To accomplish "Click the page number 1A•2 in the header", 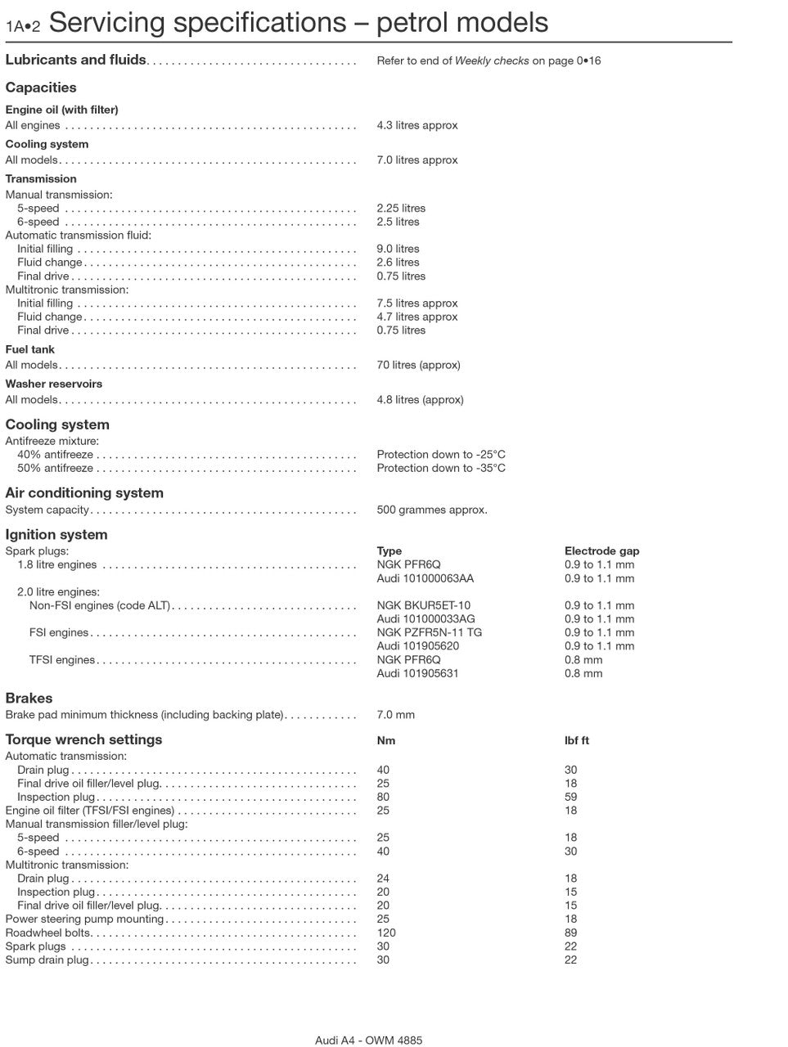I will [23, 25].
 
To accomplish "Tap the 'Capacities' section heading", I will [41, 88].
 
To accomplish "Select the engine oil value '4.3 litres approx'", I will [417, 125].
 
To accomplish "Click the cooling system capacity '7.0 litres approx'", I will [417, 160].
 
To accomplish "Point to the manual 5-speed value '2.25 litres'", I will [401, 209].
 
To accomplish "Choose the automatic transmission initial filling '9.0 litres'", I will [398, 249].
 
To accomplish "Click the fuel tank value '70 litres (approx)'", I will [418, 365].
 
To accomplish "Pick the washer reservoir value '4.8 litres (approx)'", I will [420, 400].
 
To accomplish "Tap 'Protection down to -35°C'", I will [441, 468].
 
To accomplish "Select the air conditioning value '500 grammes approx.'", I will [432, 510].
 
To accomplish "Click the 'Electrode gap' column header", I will [602, 551].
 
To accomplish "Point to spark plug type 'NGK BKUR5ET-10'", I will [424, 605].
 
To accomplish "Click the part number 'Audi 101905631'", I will [417, 673].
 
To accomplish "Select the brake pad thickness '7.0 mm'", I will [396, 715].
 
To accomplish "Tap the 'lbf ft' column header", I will [577, 740].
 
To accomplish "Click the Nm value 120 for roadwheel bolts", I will [386, 932].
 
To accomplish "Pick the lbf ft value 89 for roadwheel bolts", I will [570, 932].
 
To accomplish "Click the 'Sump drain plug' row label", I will [47, 960].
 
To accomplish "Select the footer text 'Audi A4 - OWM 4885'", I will [369, 1040].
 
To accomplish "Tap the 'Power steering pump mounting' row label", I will [85, 919].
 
